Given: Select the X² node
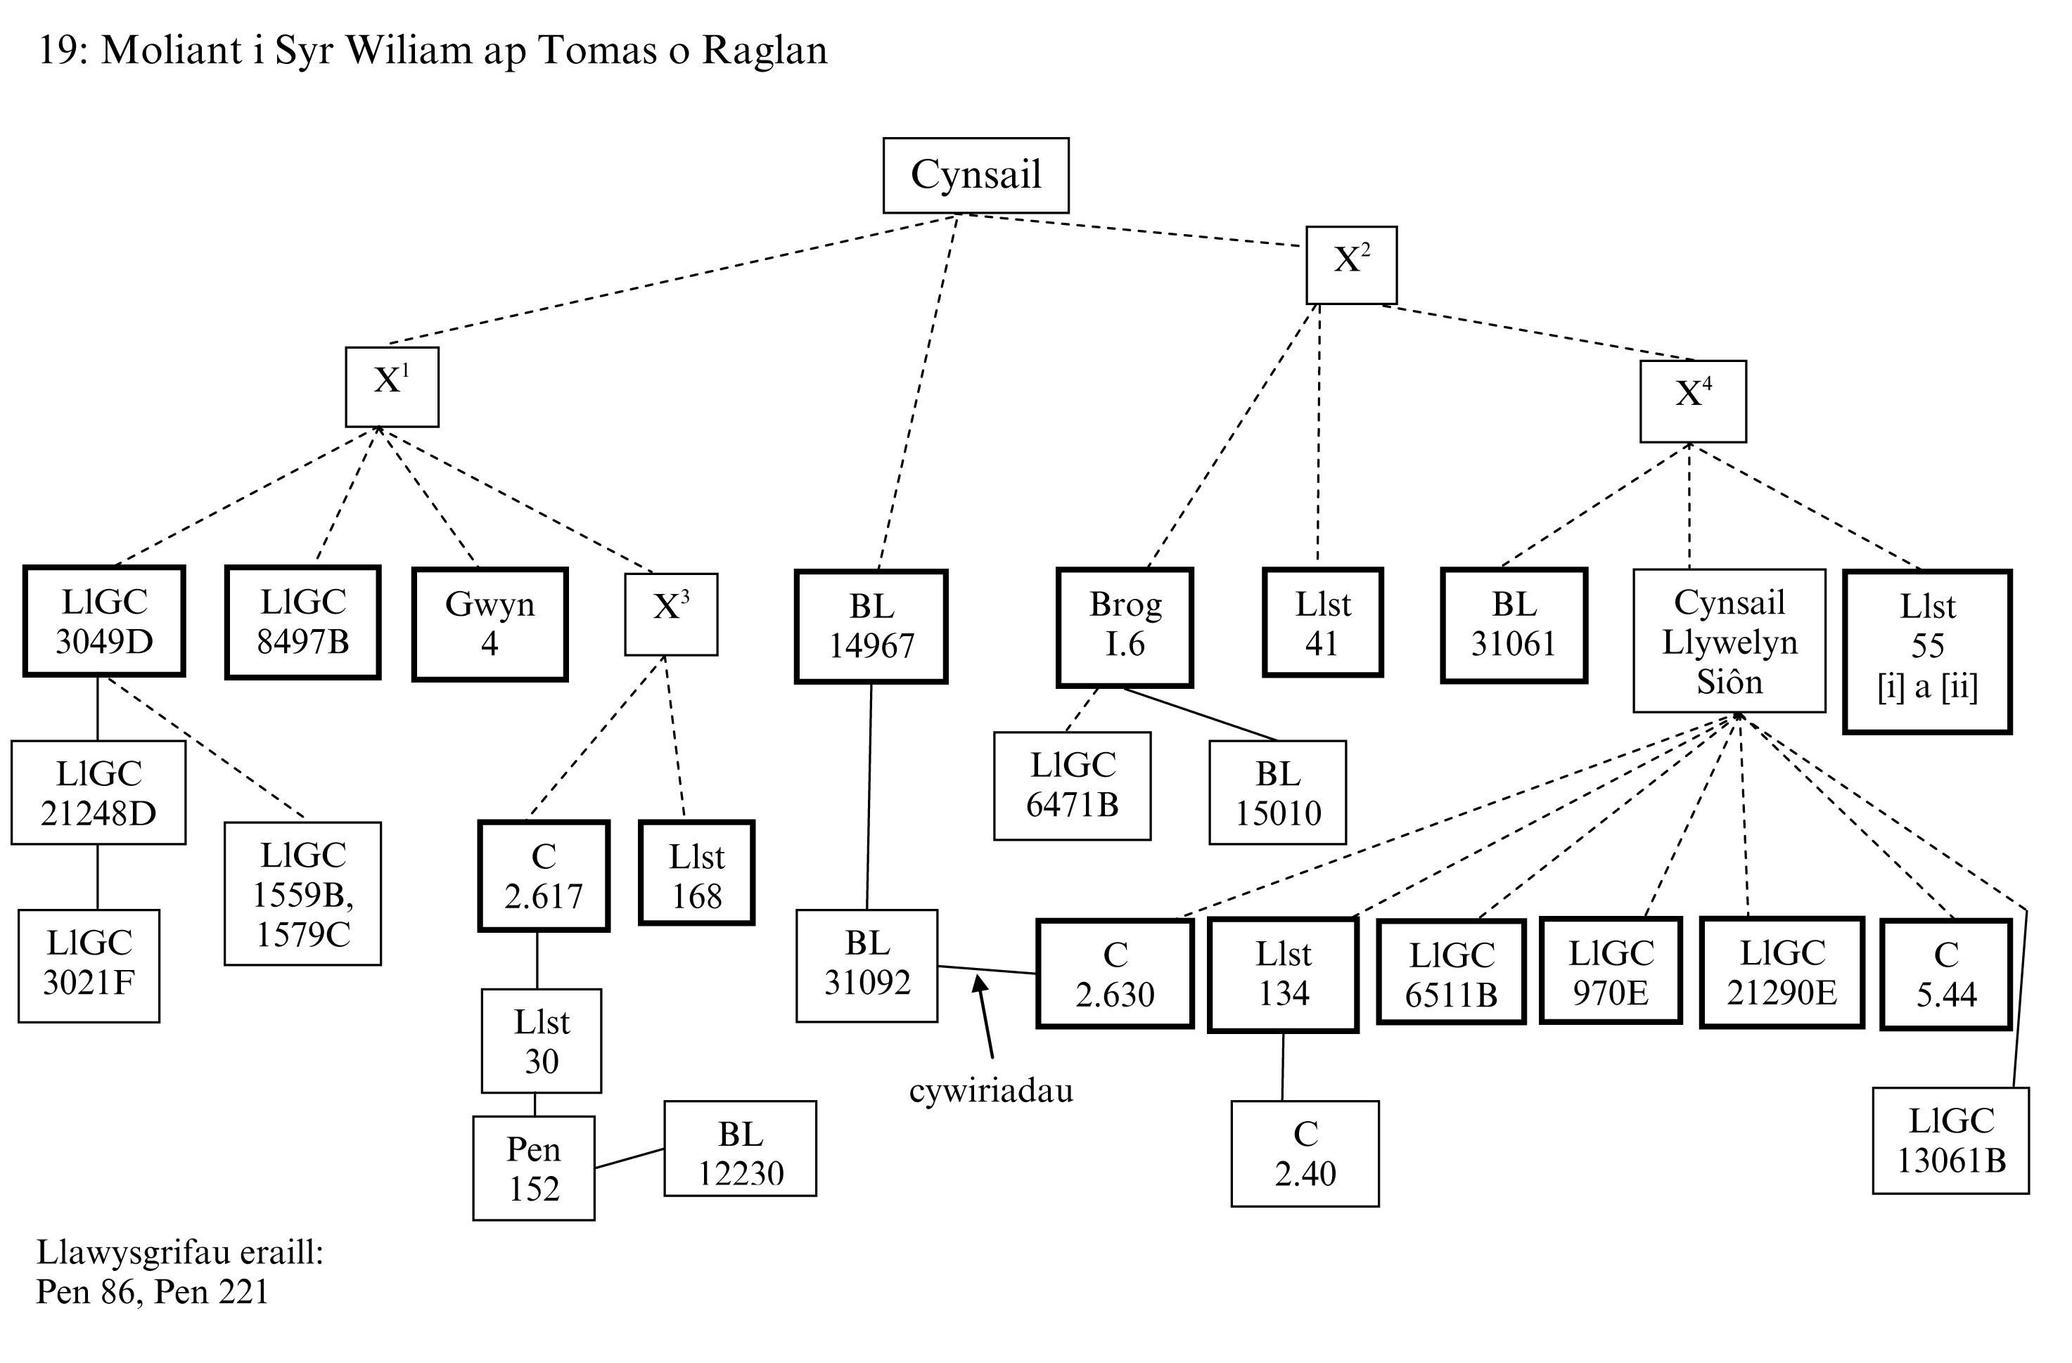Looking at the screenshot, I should tap(1350, 264).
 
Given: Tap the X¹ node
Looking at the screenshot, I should tap(392, 387).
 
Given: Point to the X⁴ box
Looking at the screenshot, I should tap(1692, 401).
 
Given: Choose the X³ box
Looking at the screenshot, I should tap(670, 614).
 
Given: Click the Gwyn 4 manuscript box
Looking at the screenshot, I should tap(490, 624).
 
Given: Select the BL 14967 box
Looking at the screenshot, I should tap(871, 626).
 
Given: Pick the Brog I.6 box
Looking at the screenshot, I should tap(1124, 626).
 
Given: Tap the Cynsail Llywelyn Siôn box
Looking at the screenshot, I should tap(1728, 640).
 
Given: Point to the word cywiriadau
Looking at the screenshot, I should tap(991, 1092).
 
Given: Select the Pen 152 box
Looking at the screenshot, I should tap(534, 1168).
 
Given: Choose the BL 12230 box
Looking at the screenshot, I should tap(740, 1149).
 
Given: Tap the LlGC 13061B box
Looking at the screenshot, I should tap(1950, 1140).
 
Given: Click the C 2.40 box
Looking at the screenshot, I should tap(1304, 1154).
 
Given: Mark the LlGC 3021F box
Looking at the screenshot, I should tap(89, 965).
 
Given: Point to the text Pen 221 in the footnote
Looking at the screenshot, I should tap(211, 1291).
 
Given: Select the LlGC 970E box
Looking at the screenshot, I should tap(1610, 971).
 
